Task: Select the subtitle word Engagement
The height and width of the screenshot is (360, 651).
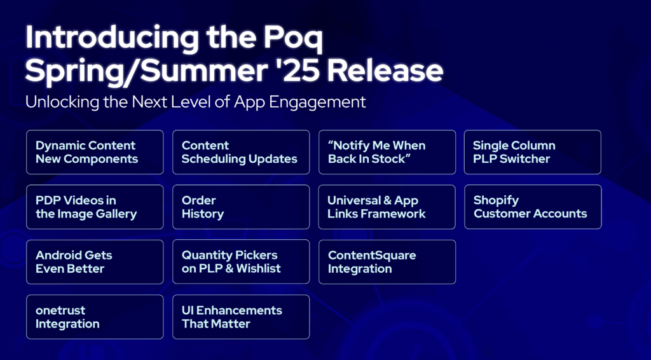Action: point(317,102)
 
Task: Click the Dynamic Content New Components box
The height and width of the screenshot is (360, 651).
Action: point(95,152)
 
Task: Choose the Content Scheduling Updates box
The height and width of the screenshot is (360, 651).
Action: point(241,152)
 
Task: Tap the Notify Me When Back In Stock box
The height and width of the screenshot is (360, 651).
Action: point(387,152)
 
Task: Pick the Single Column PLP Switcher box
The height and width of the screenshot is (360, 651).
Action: point(533,152)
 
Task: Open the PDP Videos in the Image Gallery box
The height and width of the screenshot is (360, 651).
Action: point(95,207)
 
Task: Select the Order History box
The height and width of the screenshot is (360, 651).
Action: point(241,207)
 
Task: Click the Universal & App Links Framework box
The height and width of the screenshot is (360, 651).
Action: point(387,207)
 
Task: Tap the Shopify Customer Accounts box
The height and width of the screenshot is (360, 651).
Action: point(533,207)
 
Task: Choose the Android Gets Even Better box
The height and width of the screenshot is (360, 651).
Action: point(95,262)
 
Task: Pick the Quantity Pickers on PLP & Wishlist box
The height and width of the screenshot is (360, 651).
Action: point(241,262)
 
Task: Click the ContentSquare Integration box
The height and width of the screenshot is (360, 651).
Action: point(387,262)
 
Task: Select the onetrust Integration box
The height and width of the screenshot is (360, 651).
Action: point(95,317)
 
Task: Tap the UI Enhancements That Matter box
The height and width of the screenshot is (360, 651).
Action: point(241,317)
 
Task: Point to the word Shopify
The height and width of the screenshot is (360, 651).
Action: point(496,201)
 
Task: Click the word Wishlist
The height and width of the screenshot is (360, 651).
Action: point(259,268)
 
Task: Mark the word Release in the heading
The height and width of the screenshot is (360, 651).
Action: point(385,71)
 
